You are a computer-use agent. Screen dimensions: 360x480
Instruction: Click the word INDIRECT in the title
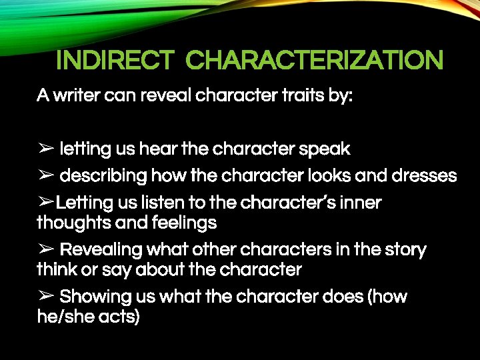click(114, 61)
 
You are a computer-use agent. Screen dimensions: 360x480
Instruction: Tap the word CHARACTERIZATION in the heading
click(314, 61)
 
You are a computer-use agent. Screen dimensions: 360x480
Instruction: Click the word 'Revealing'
click(101, 250)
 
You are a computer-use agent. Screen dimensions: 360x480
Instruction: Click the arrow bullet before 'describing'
click(45, 176)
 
